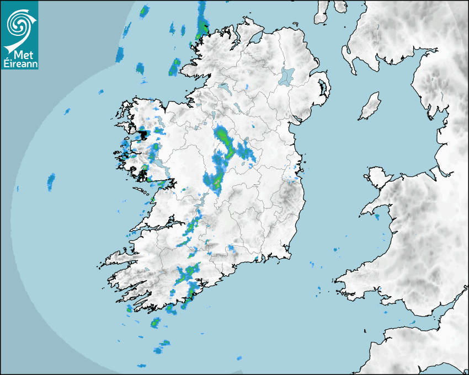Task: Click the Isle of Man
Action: [x=370, y=106]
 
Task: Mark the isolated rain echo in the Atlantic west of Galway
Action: [x=51, y=181]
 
